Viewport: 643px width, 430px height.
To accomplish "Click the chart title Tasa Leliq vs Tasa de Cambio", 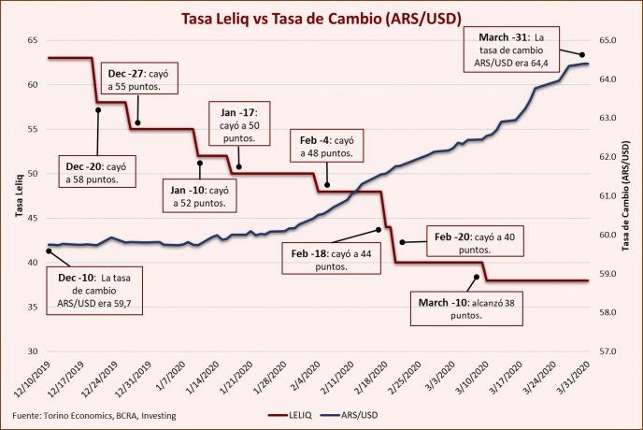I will click(x=319, y=19).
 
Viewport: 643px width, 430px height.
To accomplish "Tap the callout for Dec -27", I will click(x=141, y=79).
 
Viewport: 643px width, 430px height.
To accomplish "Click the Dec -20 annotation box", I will click(x=96, y=172).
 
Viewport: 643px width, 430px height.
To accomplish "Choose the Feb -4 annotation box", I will click(x=326, y=146).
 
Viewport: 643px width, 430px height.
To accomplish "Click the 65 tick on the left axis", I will click(x=32, y=40).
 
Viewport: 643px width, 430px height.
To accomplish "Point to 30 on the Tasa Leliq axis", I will click(x=32, y=351).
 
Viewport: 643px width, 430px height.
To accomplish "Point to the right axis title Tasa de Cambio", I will click(x=628, y=196).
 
